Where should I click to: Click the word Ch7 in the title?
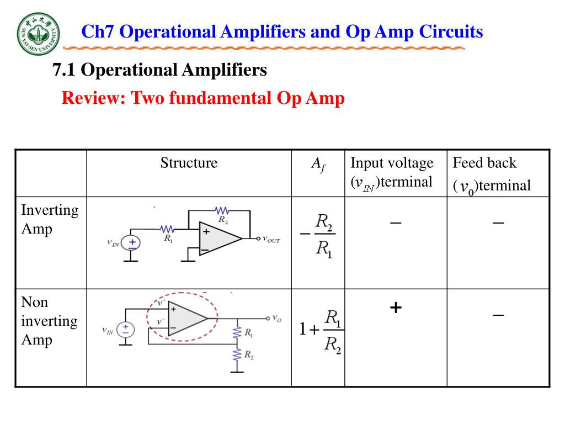[98, 31]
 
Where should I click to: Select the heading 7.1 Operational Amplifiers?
[159, 70]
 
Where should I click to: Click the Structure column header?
[189, 163]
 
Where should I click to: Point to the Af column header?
[318, 164]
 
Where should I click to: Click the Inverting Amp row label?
[50, 219]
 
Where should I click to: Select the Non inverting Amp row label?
[49, 321]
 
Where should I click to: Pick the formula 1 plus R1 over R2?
[321, 331]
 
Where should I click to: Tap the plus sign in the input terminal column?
[395, 308]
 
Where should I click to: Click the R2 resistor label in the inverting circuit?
[223, 220]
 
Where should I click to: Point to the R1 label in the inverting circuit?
[168, 239]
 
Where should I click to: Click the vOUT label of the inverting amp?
[271, 240]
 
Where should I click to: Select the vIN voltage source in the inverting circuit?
[131, 242]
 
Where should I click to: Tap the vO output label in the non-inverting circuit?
[276, 319]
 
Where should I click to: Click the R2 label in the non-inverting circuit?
[249, 355]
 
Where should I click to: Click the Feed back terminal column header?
[491, 174]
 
